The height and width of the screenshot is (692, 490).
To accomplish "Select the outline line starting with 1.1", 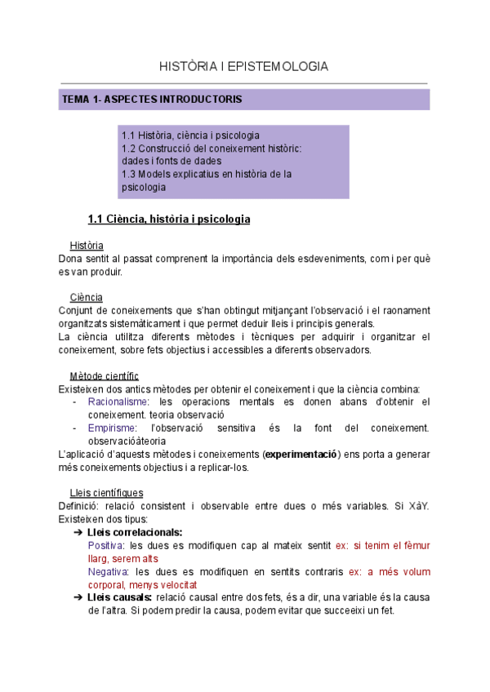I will tap(190, 135).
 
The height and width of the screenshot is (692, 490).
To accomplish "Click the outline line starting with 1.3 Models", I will tap(207, 174).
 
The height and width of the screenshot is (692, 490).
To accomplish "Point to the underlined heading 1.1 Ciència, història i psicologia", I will tap(168, 219).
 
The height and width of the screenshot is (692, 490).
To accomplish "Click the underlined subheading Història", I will tap(87, 246).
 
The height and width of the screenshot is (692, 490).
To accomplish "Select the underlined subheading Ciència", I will tap(86, 297).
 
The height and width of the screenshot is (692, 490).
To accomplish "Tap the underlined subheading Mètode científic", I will tap(105, 375).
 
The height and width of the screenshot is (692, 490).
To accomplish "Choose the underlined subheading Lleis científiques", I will tap(106, 492).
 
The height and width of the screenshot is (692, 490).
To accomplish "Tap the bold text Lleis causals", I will tap(120, 597).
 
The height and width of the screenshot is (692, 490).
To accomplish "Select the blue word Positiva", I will tap(106, 545).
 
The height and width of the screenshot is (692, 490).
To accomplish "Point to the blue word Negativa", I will tap(108, 571).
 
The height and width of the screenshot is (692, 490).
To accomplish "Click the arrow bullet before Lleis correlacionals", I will tap(78, 532).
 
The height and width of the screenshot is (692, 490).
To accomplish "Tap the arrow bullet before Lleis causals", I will tap(78, 597).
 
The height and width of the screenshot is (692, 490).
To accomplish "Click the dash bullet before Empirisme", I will tap(75, 428).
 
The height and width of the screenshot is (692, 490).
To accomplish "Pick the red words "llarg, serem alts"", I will tap(125, 558).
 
